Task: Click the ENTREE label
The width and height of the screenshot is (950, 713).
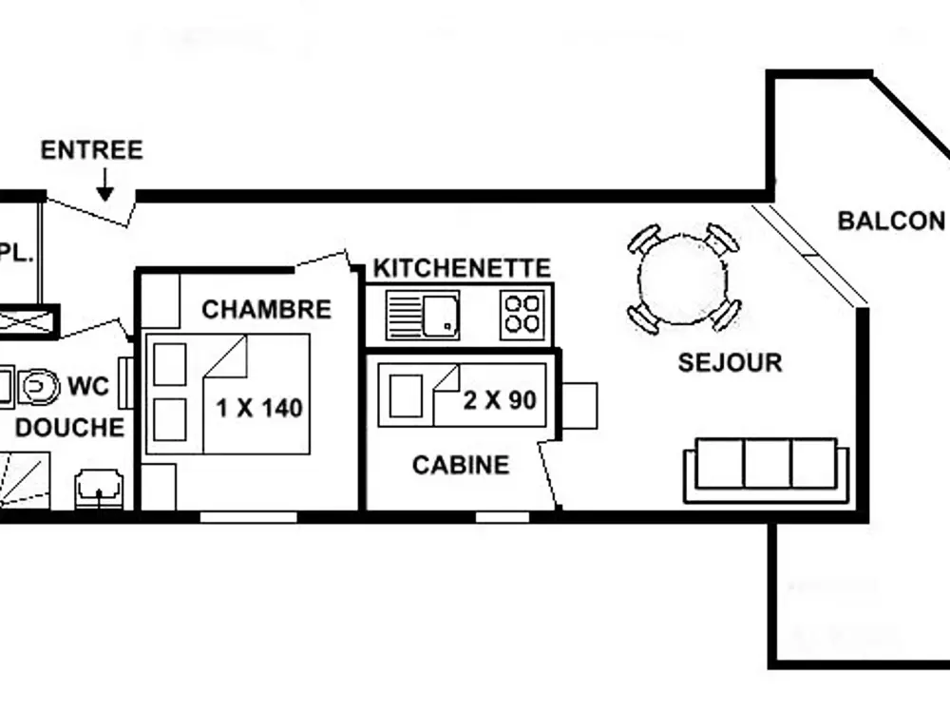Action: pyautogui.click(x=91, y=150)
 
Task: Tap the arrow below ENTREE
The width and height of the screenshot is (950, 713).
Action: pyautogui.click(x=104, y=185)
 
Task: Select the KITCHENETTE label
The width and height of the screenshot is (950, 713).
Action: pyautogui.click(x=462, y=268)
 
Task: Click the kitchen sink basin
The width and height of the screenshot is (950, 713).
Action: pyautogui.click(x=440, y=315)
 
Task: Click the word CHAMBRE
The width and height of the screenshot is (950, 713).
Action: pyautogui.click(x=266, y=309)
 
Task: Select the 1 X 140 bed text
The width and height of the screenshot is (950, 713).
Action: pyautogui.click(x=259, y=409)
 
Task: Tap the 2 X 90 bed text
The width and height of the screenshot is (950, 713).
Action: pyautogui.click(x=500, y=400)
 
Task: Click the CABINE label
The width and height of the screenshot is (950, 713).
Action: pyautogui.click(x=461, y=465)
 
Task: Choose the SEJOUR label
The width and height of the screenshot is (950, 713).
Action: pyautogui.click(x=730, y=362)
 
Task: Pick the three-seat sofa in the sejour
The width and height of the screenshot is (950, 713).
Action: pyautogui.click(x=767, y=469)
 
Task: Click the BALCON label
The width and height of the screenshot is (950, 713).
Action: pyautogui.click(x=891, y=221)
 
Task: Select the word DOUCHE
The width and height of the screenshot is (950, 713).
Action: pyautogui.click(x=69, y=427)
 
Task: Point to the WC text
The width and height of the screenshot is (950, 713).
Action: pyautogui.click(x=88, y=387)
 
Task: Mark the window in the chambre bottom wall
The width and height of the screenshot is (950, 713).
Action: pyautogui.click(x=248, y=517)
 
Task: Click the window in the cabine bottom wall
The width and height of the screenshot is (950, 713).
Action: pyautogui.click(x=503, y=517)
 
